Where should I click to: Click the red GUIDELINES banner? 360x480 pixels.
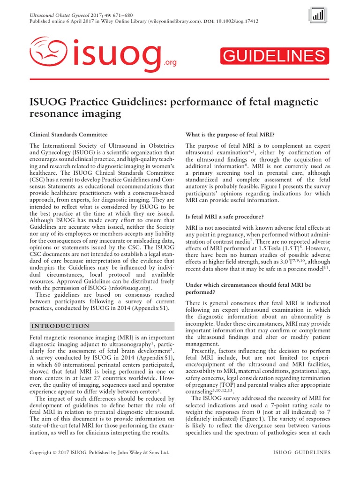point(273,56)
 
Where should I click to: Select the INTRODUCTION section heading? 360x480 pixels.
point(59,326)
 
